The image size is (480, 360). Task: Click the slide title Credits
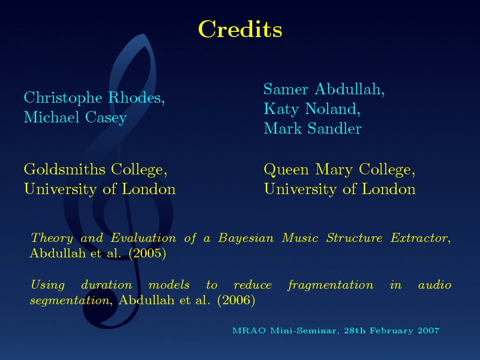click(x=240, y=30)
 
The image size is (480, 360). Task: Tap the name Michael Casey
click(x=75, y=117)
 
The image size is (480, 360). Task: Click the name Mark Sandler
click(x=313, y=128)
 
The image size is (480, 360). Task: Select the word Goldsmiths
click(x=65, y=169)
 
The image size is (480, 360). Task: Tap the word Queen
click(x=286, y=170)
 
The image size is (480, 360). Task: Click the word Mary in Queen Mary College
click(x=334, y=170)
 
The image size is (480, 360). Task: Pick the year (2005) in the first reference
click(x=147, y=253)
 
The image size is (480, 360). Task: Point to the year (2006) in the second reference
click(x=236, y=300)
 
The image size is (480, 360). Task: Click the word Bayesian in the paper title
click(x=246, y=238)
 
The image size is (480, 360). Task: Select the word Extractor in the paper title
click(x=419, y=238)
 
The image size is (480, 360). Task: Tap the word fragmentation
click(x=330, y=285)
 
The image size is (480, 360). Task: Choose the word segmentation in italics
click(x=69, y=300)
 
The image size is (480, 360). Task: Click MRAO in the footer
click(x=249, y=330)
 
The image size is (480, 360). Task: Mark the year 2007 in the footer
click(x=428, y=330)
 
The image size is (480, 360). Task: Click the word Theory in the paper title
click(x=52, y=238)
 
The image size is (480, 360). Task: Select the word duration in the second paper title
click(x=106, y=285)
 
